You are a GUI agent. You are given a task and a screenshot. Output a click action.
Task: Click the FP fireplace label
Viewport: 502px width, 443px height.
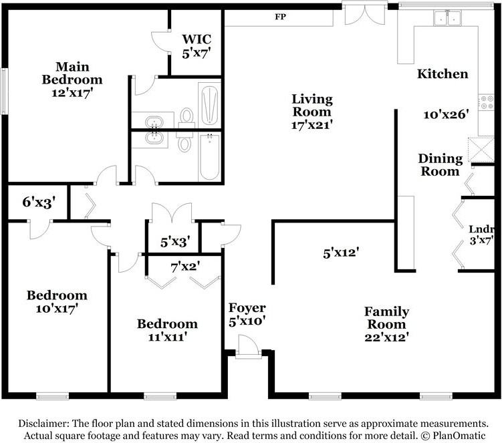pos(280,17)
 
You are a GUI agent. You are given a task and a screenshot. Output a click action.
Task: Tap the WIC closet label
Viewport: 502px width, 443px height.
pos(197,39)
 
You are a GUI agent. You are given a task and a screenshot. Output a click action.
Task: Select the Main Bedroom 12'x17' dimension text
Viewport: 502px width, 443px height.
pos(72,93)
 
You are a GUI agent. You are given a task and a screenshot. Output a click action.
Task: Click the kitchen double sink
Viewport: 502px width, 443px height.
pos(447,17)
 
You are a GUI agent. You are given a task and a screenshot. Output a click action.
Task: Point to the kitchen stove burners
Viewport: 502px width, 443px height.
pos(487,102)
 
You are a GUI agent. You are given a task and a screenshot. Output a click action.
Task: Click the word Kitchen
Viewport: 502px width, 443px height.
pos(443,74)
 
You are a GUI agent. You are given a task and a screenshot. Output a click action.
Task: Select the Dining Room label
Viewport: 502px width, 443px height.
pos(441,165)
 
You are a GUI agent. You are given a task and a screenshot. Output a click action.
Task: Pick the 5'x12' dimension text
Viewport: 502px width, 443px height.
pos(341,253)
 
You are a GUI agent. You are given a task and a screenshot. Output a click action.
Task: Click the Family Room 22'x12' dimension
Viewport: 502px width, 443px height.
pos(387,337)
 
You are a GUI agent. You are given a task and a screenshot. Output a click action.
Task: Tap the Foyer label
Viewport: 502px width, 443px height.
pos(247,308)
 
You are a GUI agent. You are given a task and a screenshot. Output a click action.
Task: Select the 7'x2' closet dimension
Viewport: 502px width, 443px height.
pos(186,267)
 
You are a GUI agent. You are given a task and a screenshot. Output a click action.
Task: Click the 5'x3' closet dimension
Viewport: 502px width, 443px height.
pos(175,242)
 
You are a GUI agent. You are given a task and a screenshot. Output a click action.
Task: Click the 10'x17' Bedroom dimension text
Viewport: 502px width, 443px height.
pos(57,309)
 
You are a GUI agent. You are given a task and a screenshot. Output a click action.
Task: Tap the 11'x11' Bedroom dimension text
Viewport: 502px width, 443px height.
pos(167,337)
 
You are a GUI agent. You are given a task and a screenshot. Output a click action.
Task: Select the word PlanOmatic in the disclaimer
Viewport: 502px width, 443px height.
pos(459,436)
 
